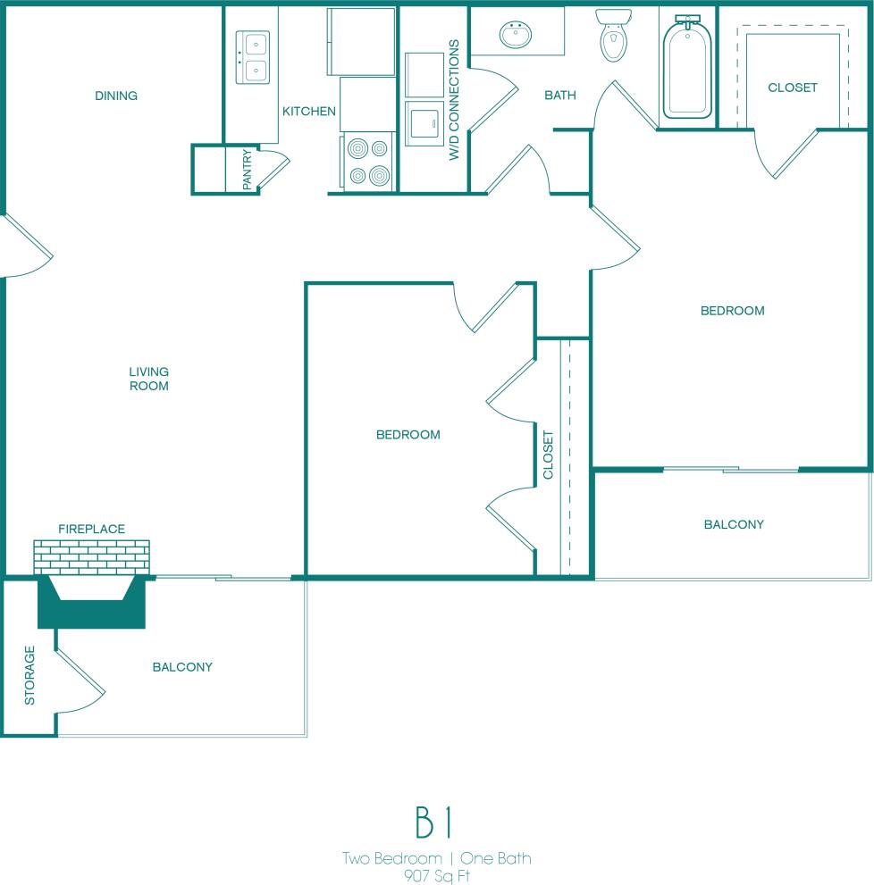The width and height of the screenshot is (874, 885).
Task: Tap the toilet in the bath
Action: [614, 36]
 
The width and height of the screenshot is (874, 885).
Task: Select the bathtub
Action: [687, 70]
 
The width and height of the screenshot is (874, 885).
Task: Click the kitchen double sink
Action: [253, 56]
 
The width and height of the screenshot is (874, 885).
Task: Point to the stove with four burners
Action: [369, 162]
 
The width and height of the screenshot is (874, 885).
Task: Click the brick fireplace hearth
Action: [91, 557]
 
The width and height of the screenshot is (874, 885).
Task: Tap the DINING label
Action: [116, 96]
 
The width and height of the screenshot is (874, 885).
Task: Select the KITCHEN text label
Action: [309, 112]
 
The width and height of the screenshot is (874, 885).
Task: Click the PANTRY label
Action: [248, 170]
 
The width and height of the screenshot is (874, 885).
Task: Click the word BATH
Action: [560, 96]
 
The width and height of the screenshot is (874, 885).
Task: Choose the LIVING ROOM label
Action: [149, 379]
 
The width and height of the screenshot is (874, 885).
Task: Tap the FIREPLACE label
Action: [91, 529]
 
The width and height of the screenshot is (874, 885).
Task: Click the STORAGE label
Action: [29, 675]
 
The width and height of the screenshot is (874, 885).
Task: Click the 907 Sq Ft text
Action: [437, 875]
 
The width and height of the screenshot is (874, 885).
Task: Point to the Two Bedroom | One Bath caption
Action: [437, 858]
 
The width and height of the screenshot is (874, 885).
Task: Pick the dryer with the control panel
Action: [424, 122]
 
